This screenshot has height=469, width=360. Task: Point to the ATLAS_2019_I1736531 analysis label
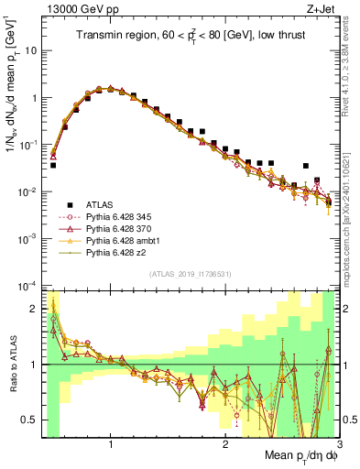tap(189, 275)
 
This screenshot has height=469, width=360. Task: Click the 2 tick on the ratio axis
tap(34, 309)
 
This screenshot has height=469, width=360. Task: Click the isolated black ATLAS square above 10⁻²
tap(306, 167)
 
